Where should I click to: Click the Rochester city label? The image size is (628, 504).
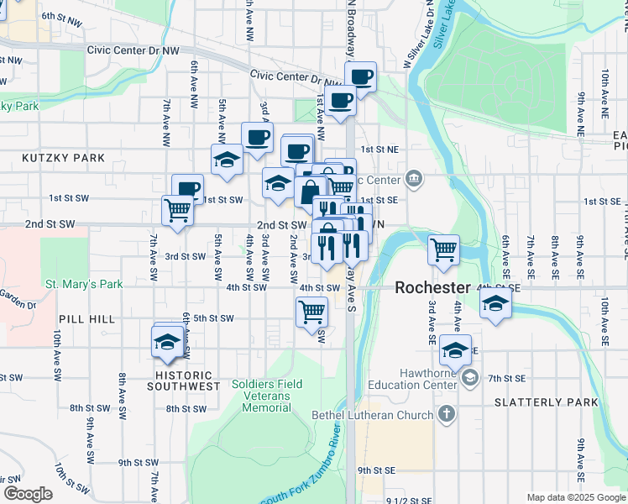tap(432, 287)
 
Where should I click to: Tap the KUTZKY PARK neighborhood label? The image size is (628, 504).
tap(64, 158)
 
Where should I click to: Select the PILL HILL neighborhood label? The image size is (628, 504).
tap(81, 320)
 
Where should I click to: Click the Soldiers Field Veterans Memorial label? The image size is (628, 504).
tap(260, 396)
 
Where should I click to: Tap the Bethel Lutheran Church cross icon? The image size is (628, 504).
tap(447, 414)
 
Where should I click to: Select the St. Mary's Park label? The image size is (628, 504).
tap(84, 284)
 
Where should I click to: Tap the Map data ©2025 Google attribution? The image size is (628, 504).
tap(576, 497)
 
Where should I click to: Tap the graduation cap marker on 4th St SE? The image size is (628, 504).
tap(496, 302)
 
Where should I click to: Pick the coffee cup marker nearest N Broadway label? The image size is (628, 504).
tap(361, 77)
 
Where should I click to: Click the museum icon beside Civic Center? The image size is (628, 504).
tap(413, 178)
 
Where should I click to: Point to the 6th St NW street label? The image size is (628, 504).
tap(60, 16)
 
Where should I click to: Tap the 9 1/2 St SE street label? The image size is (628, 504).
tap(409, 500)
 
